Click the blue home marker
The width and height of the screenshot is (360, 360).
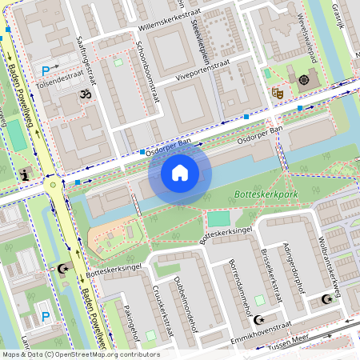tap(179, 171)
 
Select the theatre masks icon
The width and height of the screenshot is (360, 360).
tap(278, 93)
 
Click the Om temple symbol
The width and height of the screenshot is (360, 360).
tap(84, 94)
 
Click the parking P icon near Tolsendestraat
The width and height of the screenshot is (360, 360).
tap(46, 71)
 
